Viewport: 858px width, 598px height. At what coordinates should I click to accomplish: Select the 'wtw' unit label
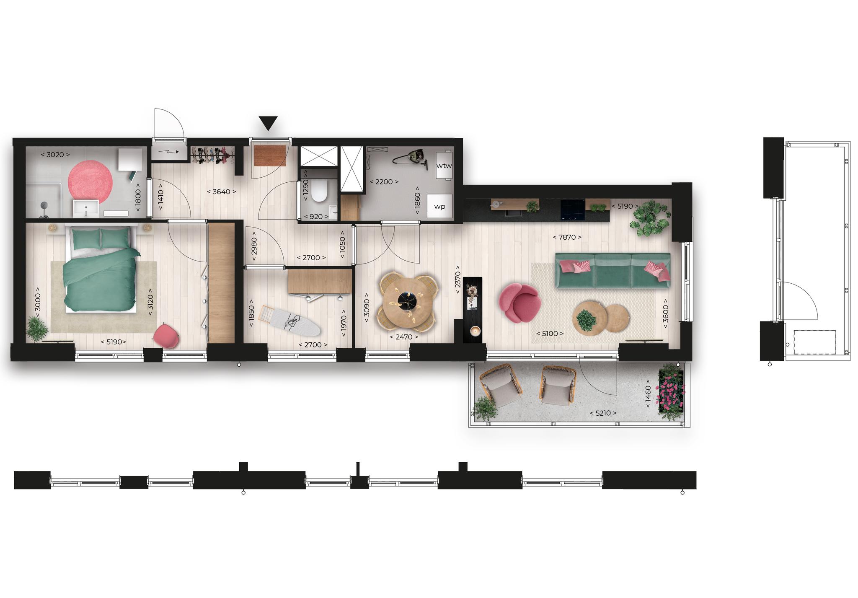click(444, 166)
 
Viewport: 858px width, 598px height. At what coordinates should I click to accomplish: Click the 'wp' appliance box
click(439, 206)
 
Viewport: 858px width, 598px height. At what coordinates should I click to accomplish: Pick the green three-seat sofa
click(612, 270)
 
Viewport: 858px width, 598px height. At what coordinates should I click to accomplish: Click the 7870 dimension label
click(567, 237)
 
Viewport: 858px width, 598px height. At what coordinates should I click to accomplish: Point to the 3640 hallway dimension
click(222, 192)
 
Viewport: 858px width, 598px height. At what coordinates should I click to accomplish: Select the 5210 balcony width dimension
click(603, 413)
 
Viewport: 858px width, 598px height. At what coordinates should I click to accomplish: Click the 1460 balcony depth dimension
click(648, 394)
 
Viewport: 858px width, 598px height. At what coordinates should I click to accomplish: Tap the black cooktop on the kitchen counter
click(573, 210)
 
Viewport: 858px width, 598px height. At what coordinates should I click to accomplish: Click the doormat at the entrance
click(270, 155)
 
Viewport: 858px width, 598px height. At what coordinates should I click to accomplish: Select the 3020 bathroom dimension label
click(55, 155)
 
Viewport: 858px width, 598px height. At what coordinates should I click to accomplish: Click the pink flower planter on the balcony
click(672, 391)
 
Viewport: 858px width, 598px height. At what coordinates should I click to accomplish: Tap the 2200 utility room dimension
click(384, 182)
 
